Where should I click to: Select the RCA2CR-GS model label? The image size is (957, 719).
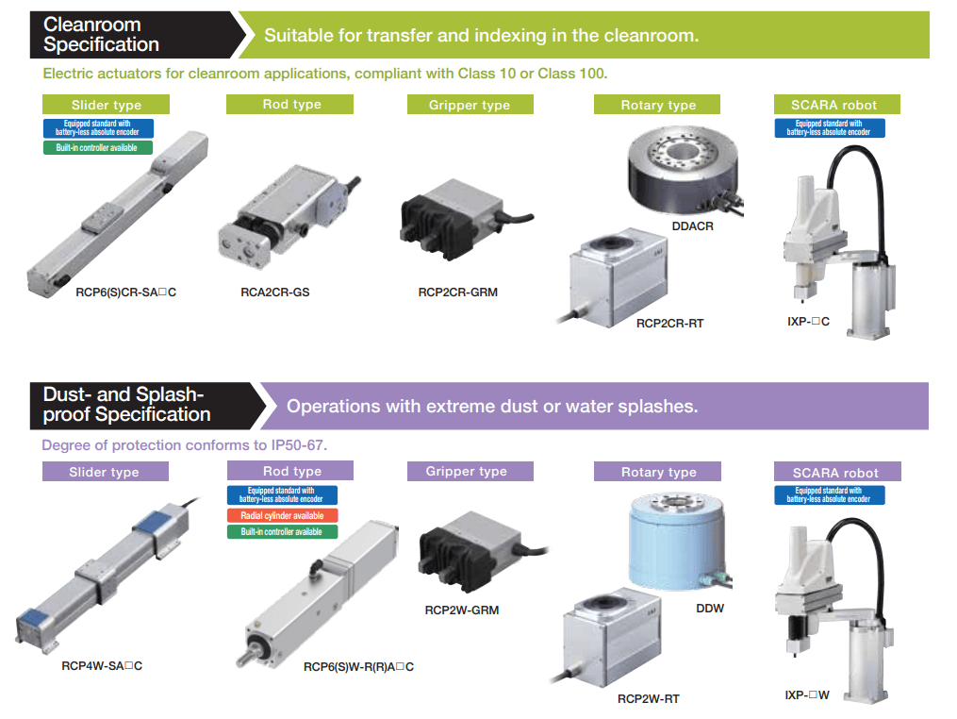tap(275, 293)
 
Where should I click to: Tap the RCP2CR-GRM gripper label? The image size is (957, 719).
tap(458, 293)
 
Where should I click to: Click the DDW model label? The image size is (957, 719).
tap(710, 609)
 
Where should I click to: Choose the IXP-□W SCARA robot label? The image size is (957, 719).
tap(807, 695)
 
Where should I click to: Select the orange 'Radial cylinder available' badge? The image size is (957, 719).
tap(282, 516)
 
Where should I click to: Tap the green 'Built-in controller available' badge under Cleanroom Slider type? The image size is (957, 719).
tap(98, 148)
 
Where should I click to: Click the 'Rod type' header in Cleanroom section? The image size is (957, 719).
tap(290, 105)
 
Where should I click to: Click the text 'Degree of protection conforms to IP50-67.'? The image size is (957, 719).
tap(184, 444)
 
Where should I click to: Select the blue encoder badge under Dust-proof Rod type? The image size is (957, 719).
tap(282, 495)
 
